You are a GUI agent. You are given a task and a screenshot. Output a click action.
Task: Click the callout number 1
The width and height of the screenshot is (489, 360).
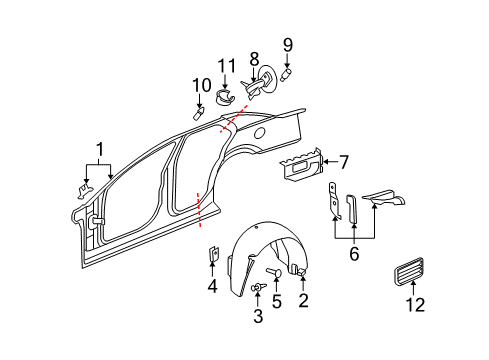[x=98, y=151]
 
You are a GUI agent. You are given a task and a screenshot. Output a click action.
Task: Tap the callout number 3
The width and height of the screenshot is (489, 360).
[x=259, y=317]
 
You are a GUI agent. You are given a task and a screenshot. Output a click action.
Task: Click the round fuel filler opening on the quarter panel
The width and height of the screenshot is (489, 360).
[x=262, y=131]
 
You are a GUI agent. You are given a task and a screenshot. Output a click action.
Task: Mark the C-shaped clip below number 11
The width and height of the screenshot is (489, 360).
[x=225, y=97]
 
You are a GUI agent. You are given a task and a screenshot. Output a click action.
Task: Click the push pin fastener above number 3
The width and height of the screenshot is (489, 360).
[x=259, y=290]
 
